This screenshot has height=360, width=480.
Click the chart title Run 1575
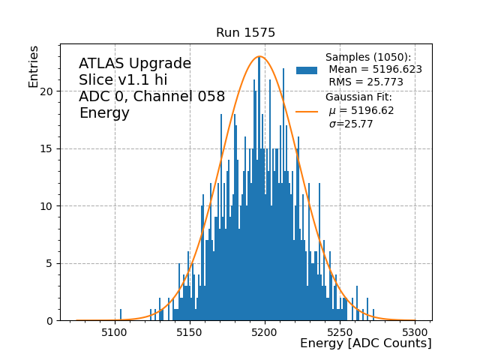tap(245, 33)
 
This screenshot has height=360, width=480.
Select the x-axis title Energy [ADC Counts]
tap(365, 343)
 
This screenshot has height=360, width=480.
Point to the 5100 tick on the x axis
tap(114, 331)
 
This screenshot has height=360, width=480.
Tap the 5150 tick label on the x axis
tap(189, 331)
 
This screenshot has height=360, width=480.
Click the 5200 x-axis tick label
tap(265, 331)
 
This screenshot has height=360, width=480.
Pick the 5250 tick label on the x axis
tap(340, 331)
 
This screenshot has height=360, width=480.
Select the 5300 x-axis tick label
tap(415, 331)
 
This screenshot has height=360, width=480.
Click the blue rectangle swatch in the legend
tap(307, 70)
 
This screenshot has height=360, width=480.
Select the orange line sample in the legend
tap(307, 111)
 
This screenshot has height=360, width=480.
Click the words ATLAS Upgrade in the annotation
tap(135, 64)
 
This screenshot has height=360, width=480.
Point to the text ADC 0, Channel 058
tap(151, 97)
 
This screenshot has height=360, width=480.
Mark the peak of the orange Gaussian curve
tap(259, 56)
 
